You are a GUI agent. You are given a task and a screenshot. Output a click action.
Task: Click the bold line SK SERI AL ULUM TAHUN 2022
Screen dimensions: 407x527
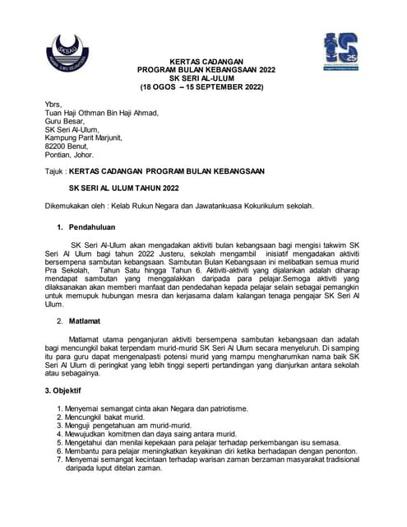tap(123, 187)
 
